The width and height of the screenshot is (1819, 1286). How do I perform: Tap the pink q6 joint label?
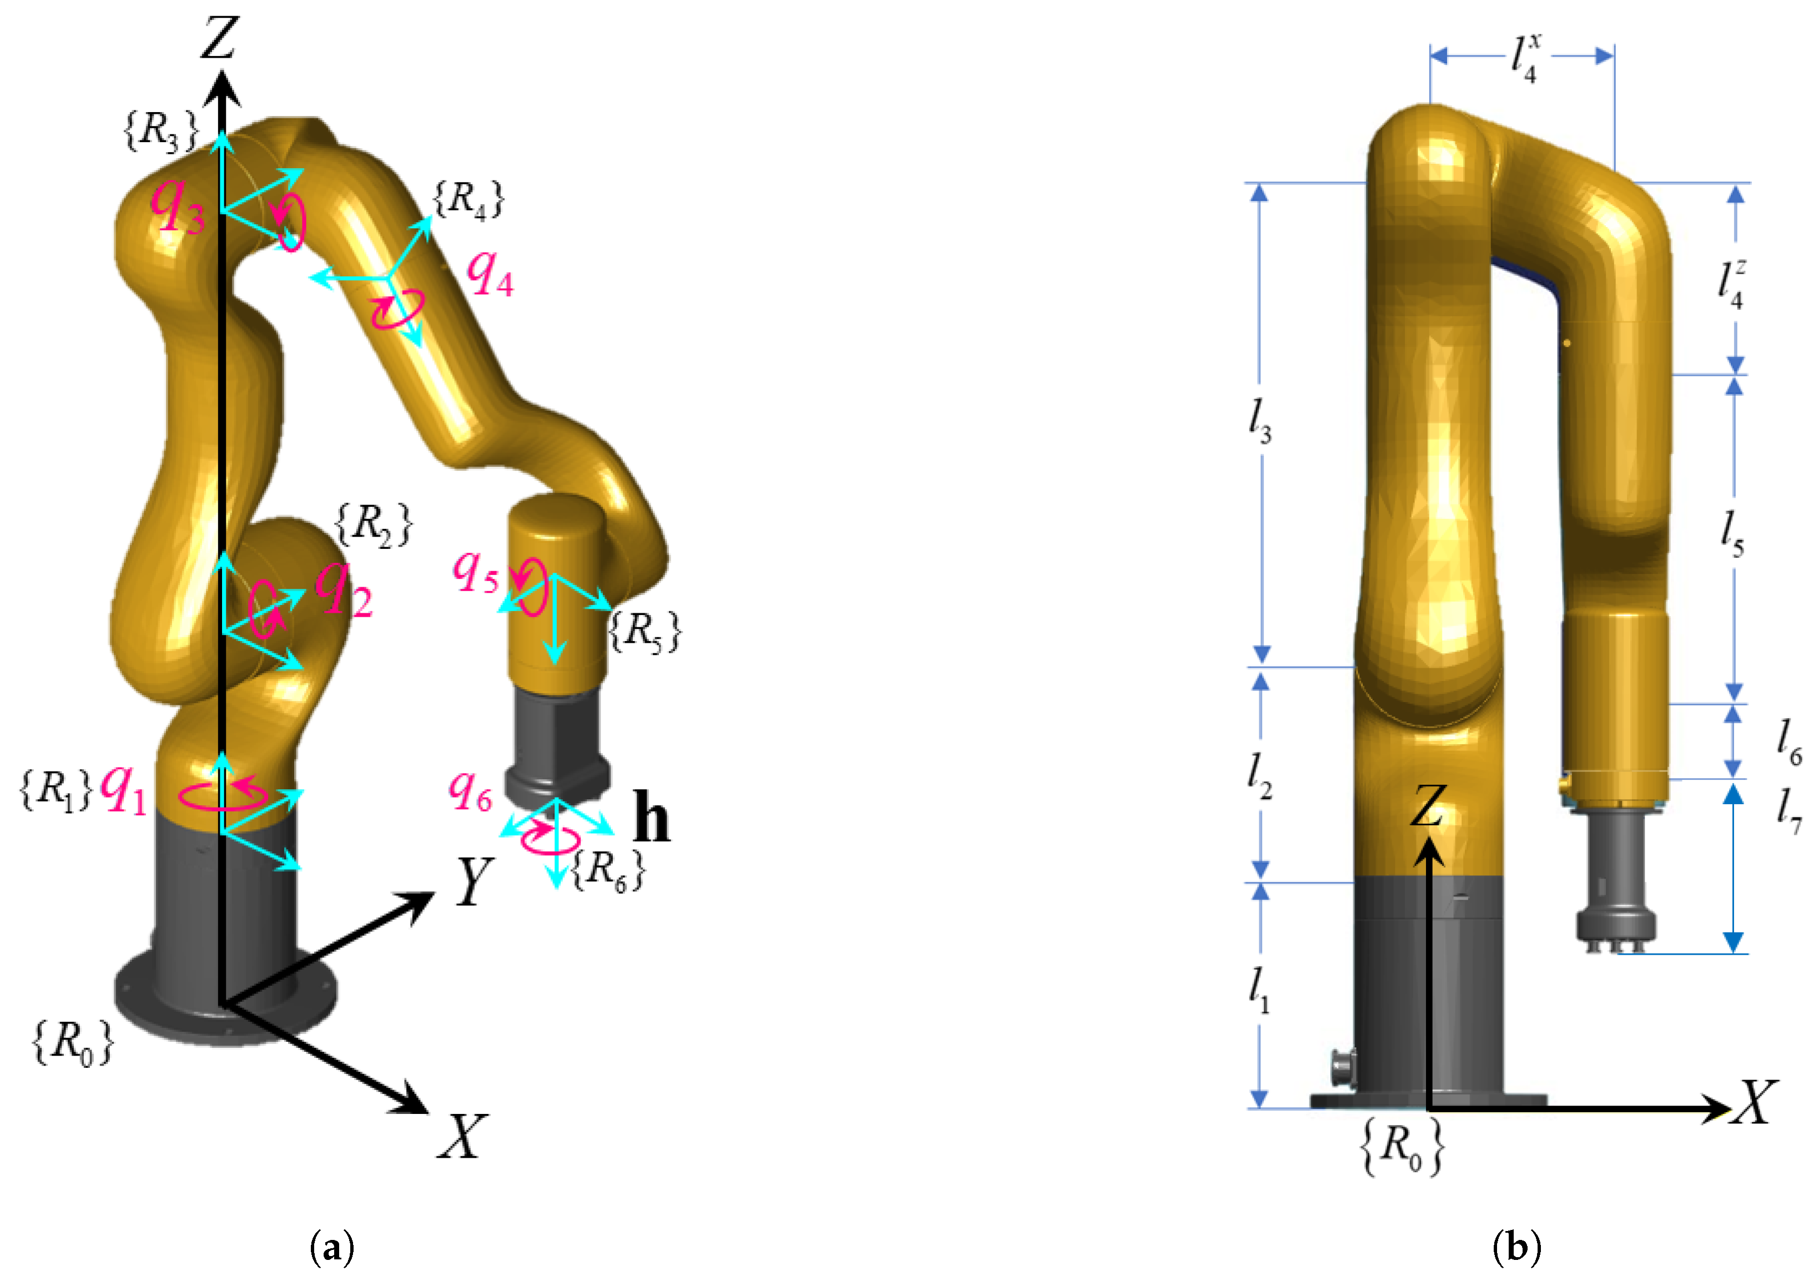point(471,790)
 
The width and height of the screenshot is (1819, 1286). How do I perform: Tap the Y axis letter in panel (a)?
point(475,881)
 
